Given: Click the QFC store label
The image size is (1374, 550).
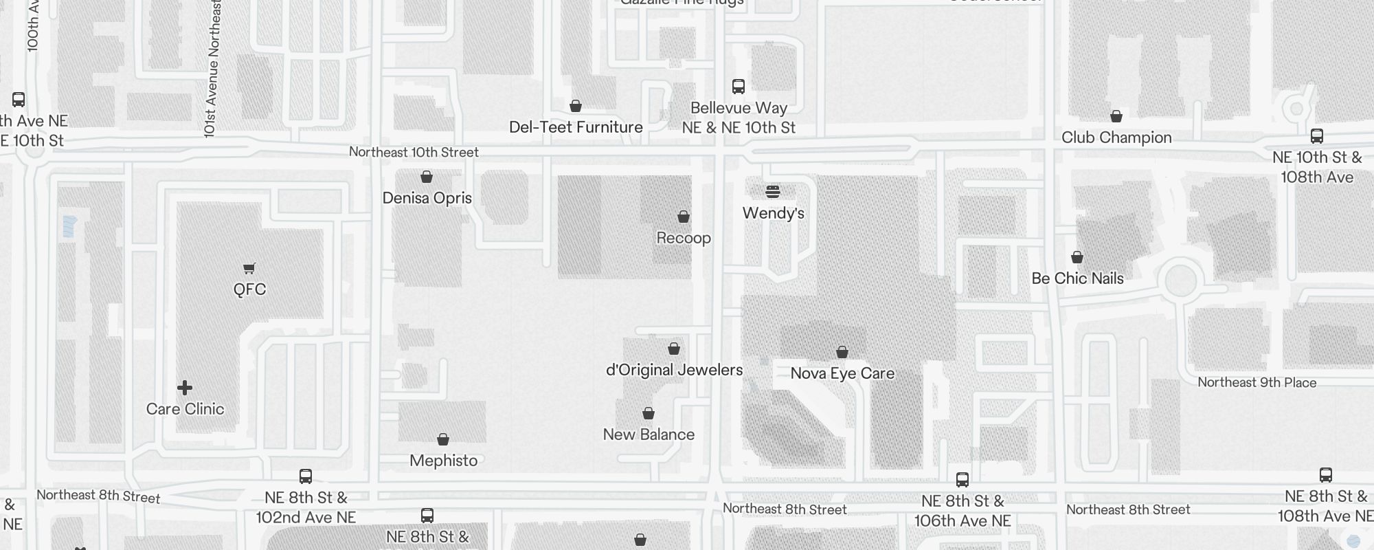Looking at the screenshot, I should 249,289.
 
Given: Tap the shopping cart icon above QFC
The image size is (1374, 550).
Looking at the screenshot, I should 249,268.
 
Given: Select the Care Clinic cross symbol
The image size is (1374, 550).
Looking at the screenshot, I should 185,388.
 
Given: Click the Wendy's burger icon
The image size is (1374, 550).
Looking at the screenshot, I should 773,191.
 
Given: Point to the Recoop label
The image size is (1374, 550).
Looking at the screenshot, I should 684,238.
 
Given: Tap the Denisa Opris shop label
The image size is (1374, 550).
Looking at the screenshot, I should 427,198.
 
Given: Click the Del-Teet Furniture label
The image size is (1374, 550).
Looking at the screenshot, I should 576,127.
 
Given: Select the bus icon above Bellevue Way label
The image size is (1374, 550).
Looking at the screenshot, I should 739,87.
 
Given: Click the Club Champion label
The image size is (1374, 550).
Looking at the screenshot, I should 1116,137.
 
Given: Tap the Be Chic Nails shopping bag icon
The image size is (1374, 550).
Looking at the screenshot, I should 1077,257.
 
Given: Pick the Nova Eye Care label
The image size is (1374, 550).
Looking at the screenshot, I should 842,373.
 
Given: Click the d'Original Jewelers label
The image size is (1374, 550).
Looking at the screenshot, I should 674,370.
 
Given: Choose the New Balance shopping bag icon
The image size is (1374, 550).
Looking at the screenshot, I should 649,413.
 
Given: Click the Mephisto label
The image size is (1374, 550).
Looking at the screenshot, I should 443,461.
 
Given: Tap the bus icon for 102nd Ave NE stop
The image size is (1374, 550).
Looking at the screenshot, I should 306,476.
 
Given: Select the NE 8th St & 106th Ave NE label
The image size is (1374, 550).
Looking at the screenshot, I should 962,511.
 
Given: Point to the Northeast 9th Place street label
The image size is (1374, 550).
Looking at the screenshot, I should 1257,383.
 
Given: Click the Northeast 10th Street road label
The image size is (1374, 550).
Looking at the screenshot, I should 414,152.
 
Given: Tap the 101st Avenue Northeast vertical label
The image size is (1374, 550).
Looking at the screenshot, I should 212,69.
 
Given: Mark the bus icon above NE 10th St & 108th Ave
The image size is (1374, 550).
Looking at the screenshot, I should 1317,136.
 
